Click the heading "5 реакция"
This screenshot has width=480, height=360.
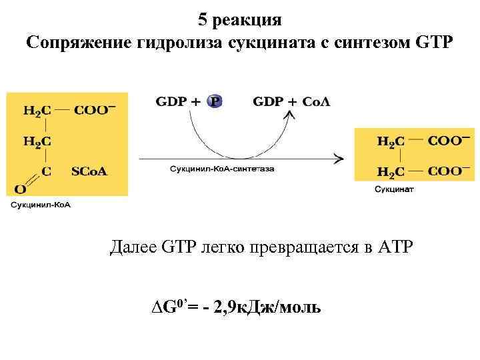tap(239, 19)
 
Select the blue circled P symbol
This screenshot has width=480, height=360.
tap(215, 101)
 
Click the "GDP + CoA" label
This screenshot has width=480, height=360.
tap(291, 101)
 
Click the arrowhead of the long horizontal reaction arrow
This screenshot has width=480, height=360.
tap(339, 159)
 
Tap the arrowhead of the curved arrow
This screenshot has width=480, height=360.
tap(289, 117)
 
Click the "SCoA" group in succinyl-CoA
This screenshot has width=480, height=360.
tap(89, 171)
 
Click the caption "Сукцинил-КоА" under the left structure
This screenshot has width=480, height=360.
tap(40, 205)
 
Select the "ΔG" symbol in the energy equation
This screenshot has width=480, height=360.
tap(164, 307)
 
